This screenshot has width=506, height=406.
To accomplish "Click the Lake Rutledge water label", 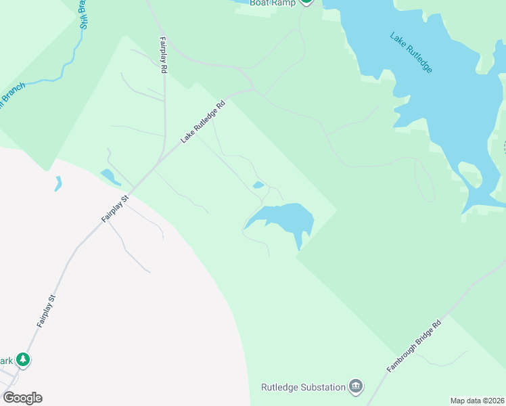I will click(x=411, y=52).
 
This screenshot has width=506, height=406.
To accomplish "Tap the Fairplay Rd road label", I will click(x=164, y=55).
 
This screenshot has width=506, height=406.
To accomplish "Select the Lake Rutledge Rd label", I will click(x=202, y=122).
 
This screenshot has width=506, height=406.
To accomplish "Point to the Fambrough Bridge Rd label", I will click(x=414, y=345).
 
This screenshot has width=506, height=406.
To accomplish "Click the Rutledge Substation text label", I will click(x=302, y=388).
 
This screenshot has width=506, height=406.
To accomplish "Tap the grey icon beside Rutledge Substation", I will click(x=356, y=387).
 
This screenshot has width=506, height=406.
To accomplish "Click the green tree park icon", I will click(x=24, y=359).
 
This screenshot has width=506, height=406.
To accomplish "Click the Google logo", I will click(x=22, y=398).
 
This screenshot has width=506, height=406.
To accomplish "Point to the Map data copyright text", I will click(x=477, y=401).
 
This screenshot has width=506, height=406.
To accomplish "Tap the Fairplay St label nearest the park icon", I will click(x=45, y=311).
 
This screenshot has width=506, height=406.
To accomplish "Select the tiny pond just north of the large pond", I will click(x=258, y=185).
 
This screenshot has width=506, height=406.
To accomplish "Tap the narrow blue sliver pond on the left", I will click(x=58, y=183).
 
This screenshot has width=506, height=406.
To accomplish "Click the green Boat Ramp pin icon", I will click(x=306, y=2).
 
